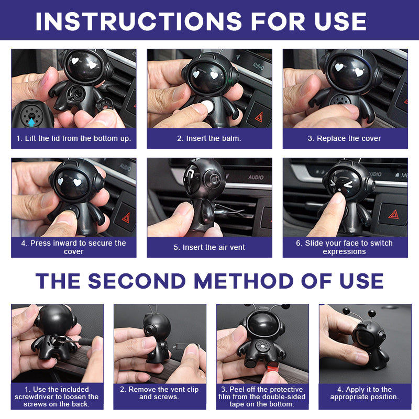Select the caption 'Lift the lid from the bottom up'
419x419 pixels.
click(73, 139)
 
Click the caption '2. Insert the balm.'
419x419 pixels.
click(209, 139)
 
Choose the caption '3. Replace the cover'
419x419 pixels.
click(345, 139)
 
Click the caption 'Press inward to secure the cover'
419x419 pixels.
click(73, 247)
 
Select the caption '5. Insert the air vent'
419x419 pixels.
click(209, 247)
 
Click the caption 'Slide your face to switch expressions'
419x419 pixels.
click(345, 247)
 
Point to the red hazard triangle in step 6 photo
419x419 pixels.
click(392, 215)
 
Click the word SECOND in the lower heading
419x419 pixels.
click(136, 281)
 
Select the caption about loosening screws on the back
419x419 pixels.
click(57, 396)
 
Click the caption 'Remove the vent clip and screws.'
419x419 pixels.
click(160, 393)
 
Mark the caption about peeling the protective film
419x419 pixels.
click(262, 396)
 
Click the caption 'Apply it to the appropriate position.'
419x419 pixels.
click(365, 393)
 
